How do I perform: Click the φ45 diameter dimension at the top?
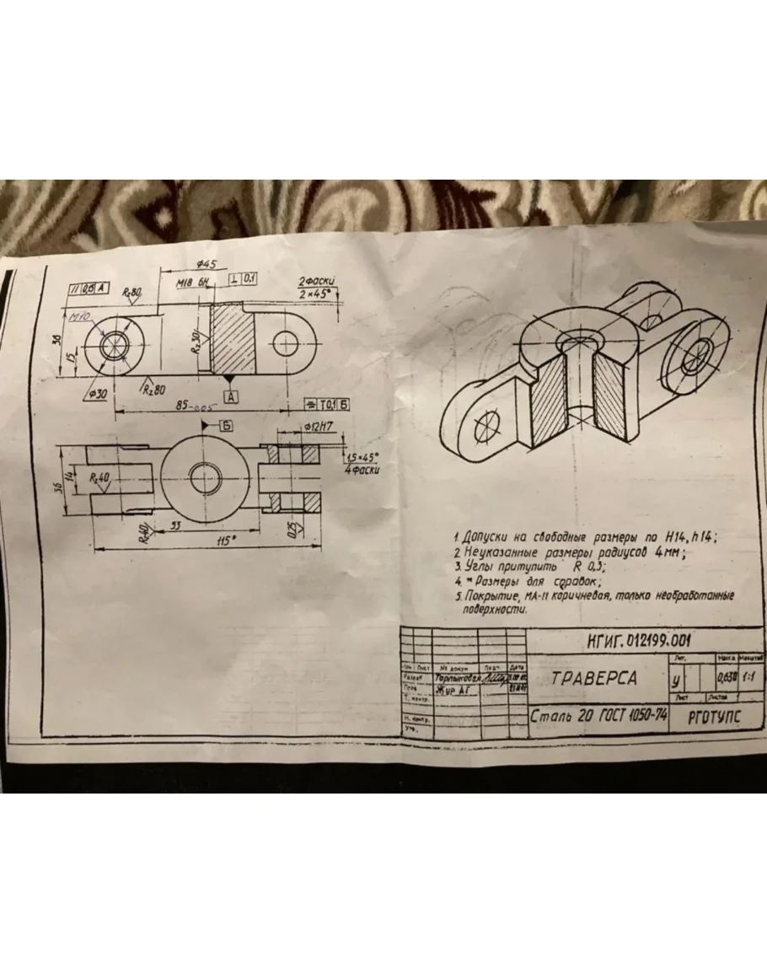[207, 265]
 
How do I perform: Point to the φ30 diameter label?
[97, 394]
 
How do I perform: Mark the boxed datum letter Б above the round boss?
[226, 424]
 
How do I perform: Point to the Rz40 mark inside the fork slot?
[102, 477]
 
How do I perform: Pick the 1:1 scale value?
[748, 677]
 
